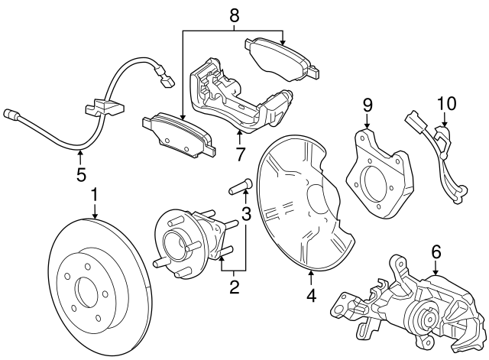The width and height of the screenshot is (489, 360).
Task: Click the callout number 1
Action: pyautogui.click(x=95, y=196)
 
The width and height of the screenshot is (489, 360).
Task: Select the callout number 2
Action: pyautogui.click(x=235, y=287)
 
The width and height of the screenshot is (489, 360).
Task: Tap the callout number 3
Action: pyautogui.click(x=246, y=213)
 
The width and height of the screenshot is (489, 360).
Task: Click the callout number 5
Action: pyautogui.click(x=81, y=175)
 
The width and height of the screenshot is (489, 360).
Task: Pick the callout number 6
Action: pyautogui.click(x=436, y=251)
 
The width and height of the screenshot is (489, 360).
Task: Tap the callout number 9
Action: pyautogui.click(x=367, y=104)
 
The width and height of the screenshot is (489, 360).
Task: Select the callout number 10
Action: pyautogui.click(x=445, y=103)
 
